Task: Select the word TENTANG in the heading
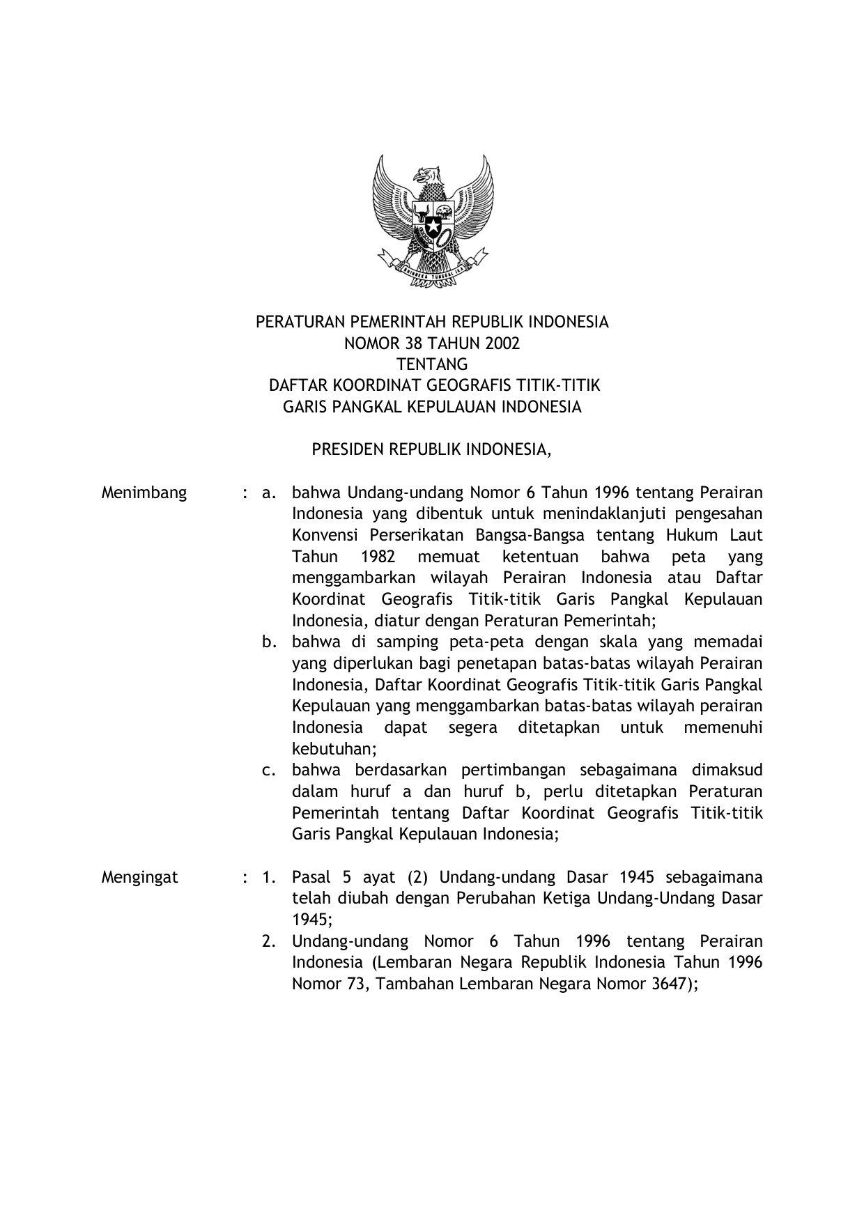pos(432,364)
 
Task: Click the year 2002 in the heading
pos(503,343)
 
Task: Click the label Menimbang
pos(144,493)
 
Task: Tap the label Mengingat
pos(140,877)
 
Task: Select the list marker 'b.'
pos(269,642)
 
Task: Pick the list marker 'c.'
pos(269,771)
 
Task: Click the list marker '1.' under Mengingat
pos(269,877)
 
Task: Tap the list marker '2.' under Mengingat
pos(269,942)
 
